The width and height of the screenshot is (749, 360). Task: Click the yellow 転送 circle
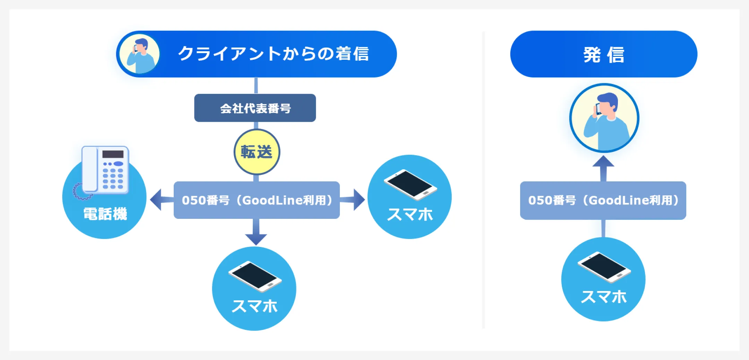[x=257, y=152]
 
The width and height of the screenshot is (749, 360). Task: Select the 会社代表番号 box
[x=255, y=108]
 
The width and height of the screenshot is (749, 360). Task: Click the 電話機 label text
[x=105, y=214]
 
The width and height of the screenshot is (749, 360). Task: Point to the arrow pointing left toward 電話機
[x=162, y=200]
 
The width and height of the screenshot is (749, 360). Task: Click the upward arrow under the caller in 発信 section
[x=603, y=169]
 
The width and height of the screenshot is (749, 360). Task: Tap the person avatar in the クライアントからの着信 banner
[x=140, y=54]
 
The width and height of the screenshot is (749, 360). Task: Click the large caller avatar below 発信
[x=604, y=118]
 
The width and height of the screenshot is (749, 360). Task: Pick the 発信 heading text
[x=604, y=55]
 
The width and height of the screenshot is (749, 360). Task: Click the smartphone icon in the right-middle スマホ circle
[x=410, y=185]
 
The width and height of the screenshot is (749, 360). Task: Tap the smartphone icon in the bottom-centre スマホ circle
[x=255, y=276]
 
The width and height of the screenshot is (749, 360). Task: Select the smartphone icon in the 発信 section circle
[x=604, y=267]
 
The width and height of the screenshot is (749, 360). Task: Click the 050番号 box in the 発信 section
[x=603, y=200]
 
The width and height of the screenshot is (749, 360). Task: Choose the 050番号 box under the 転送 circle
[x=257, y=200]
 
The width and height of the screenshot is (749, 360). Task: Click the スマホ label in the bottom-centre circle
[x=255, y=306]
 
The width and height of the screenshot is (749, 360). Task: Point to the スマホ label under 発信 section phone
[x=604, y=297]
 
